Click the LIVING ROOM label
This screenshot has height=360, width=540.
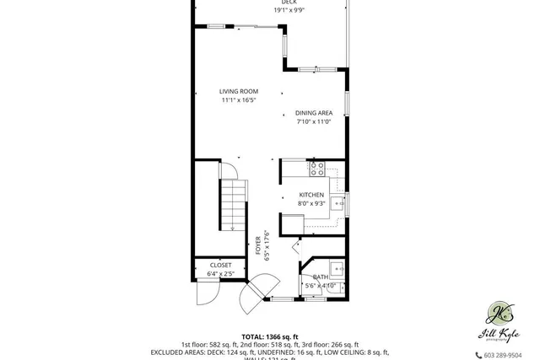point(239,91)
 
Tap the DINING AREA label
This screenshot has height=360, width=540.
point(313,112)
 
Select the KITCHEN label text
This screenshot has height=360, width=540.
point(311,195)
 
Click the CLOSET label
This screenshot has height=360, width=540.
point(220,265)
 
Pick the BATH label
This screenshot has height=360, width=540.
point(321,277)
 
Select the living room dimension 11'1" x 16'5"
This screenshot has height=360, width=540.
point(239,100)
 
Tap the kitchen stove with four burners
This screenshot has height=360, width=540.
point(317,169)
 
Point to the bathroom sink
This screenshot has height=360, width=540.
point(336,270)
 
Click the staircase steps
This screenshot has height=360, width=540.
point(231,205)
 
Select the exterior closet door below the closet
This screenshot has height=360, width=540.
point(206,292)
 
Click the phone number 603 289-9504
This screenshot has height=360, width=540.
point(503,355)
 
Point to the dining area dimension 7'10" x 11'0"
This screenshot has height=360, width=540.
point(313,121)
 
